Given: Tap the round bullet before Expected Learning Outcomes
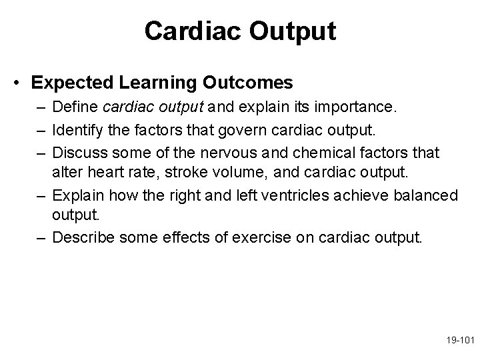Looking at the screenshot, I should coord(21,83).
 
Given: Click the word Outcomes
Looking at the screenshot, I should coord(247,83).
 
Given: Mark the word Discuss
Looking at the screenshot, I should coord(79,153).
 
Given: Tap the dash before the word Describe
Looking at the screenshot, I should coord(41,238).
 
